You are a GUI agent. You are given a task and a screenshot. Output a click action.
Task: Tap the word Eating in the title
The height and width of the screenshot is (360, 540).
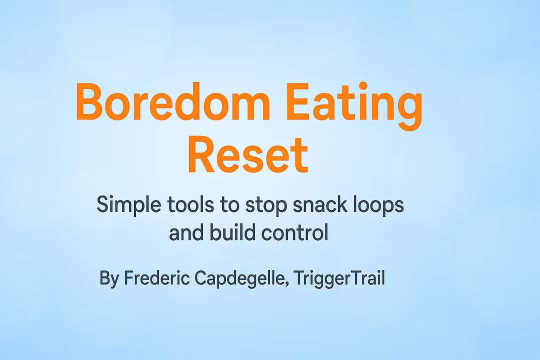pyautogui.click(x=354, y=106)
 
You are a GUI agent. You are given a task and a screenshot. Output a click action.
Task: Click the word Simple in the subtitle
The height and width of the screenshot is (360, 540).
pyautogui.click(x=129, y=205)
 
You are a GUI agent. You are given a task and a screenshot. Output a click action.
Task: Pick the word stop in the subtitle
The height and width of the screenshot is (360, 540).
pyautogui.click(x=266, y=205)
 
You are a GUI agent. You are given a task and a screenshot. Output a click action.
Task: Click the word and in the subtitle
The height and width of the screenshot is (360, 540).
pyautogui.click(x=186, y=232)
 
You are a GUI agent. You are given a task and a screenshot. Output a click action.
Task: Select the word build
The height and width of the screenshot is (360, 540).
pyautogui.click(x=232, y=232)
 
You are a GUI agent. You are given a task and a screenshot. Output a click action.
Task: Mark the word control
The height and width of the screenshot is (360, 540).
pyautogui.click(x=295, y=232)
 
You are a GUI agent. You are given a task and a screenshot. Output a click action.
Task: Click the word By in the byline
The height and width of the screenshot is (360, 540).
pyautogui.click(x=109, y=278)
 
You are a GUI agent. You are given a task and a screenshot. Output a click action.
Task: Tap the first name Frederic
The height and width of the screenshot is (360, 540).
pyautogui.click(x=156, y=277)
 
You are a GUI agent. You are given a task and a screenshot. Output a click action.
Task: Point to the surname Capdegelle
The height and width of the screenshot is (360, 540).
pyautogui.click(x=239, y=278)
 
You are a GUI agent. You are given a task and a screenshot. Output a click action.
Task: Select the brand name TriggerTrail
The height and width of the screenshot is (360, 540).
pyautogui.click(x=339, y=278)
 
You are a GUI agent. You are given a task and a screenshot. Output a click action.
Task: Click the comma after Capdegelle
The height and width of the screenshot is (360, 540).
pyautogui.click(x=287, y=284)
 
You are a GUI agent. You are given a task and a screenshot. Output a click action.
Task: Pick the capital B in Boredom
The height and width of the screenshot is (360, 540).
pyautogui.click(x=89, y=101)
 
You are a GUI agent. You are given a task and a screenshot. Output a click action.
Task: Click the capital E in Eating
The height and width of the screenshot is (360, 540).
pyautogui.click(x=297, y=101)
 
